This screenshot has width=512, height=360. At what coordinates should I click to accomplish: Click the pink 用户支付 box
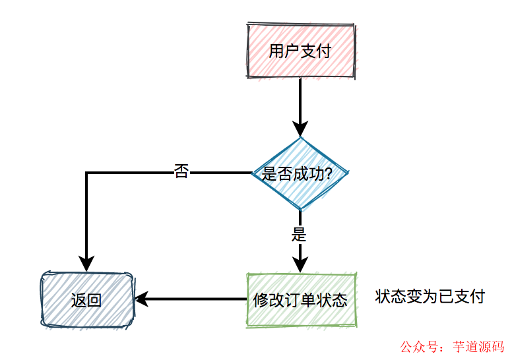301,51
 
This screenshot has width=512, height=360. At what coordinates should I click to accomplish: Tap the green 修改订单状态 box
301,300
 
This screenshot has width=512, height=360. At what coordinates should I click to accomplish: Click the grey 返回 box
86,300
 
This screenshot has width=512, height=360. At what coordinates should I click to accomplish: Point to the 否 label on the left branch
181,172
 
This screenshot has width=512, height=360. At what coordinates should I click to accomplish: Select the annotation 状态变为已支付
430,297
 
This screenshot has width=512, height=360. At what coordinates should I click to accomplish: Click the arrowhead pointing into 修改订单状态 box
300,265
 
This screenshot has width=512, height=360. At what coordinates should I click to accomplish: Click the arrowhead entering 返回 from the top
86,263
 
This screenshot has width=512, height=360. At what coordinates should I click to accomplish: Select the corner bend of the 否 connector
86,173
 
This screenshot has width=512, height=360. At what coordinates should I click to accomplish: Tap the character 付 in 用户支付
323,51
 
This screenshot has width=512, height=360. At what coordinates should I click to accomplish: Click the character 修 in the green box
261,301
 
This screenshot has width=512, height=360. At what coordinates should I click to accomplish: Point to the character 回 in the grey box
94,301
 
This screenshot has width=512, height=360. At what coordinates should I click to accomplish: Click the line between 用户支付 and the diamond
300,99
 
